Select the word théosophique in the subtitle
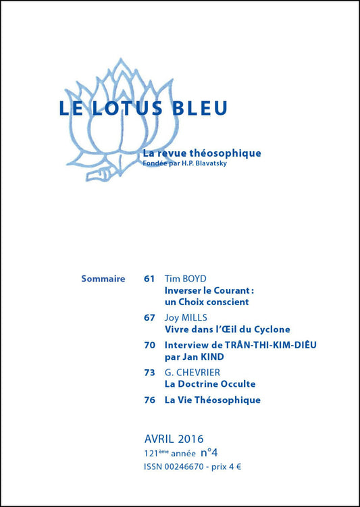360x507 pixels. [226, 153]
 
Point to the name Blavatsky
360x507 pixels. [218, 163]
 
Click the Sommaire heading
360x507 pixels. [103, 278]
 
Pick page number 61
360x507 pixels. [149, 278]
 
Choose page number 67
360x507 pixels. [149, 317]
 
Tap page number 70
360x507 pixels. [149, 344]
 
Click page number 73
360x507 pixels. [149, 372]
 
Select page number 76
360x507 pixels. [149, 400]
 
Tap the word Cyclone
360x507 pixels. [269, 329]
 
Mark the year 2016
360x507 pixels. [189, 439]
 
